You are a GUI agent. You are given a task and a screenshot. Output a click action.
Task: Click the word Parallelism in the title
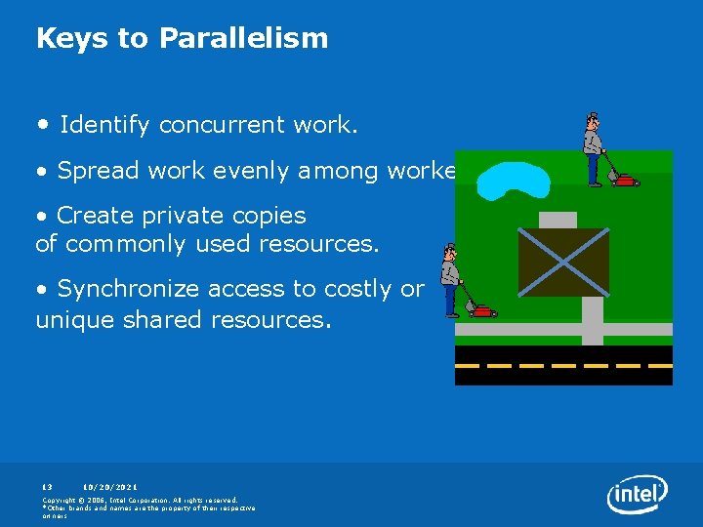[x=243, y=38]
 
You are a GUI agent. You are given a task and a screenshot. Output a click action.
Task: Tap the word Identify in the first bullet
[x=104, y=125]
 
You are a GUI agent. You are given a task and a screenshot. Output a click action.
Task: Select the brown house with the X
[x=562, y=262]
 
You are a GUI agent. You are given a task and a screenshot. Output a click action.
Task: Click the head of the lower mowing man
[x=448, y=252]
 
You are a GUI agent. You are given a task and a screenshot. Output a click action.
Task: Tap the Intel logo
[x=637, y=494]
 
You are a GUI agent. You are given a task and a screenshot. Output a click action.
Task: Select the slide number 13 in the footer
[x=47, y=486]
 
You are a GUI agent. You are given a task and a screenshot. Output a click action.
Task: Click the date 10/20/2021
[x=110, y=486]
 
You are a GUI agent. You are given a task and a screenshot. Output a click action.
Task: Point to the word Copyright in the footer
[x=61, y=500]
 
